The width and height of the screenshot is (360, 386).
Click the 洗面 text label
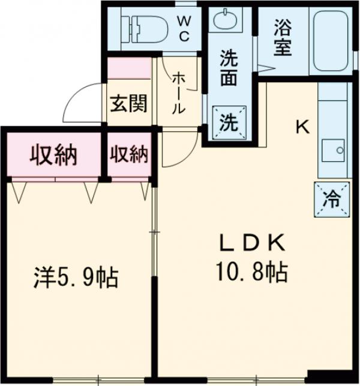229,70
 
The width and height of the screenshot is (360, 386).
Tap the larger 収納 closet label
54,156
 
